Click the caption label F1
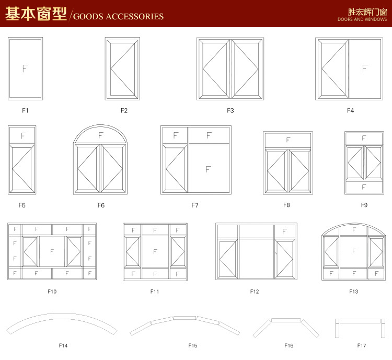click(25, 110)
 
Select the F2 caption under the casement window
click(124, 110)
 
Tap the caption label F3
click(230, 110)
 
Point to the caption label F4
click(350, 110)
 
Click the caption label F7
click(195, 205)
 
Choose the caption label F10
click(52, 292)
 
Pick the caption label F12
click(255, 292)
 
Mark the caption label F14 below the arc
click(63, 345)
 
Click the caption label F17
click(362, 345)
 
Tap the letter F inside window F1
click(25, 68)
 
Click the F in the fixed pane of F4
click(365, 68)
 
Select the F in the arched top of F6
click(101, 135)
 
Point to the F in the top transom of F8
click(288, 140)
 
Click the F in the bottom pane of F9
click(364, 187)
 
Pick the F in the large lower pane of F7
click(208, 169)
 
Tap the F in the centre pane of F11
click(155, 251)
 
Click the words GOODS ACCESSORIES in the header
click(119, 16)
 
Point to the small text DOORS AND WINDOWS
click(362, 19)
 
